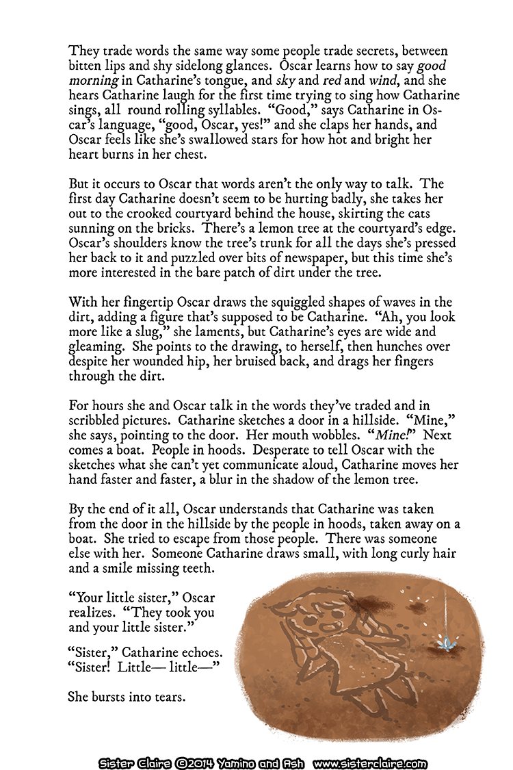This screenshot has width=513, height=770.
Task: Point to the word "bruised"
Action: pyautogui.click(x=314, y=363)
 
